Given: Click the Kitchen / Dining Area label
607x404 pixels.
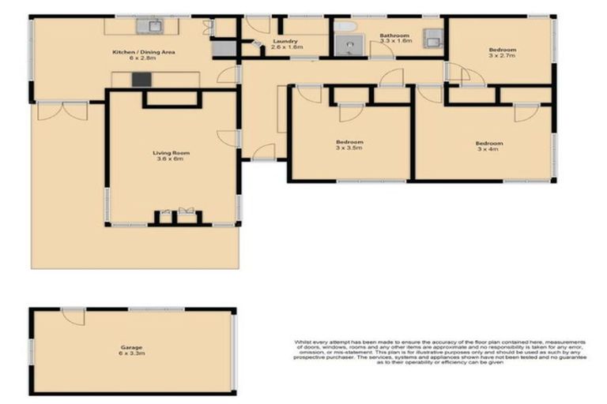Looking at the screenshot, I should click(x=143, y=52).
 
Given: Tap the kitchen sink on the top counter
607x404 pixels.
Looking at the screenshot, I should click(x=149, y=26).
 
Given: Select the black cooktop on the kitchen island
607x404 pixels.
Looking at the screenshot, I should click(x=141, y=79).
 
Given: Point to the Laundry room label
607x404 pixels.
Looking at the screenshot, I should click(x=284, y=41).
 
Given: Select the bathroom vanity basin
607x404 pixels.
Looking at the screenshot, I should click(x=433, y=36).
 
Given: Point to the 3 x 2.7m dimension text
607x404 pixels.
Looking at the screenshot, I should click(x=500, y=56).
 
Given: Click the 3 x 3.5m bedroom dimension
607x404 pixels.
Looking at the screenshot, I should click(x=349, y=148).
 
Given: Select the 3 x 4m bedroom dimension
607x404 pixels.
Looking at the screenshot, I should click(x=488, y=149).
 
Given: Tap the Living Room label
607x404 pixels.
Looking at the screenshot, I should click(x=168, y=152).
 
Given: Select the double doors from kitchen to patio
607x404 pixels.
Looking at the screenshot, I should click(x=62, y=110).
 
